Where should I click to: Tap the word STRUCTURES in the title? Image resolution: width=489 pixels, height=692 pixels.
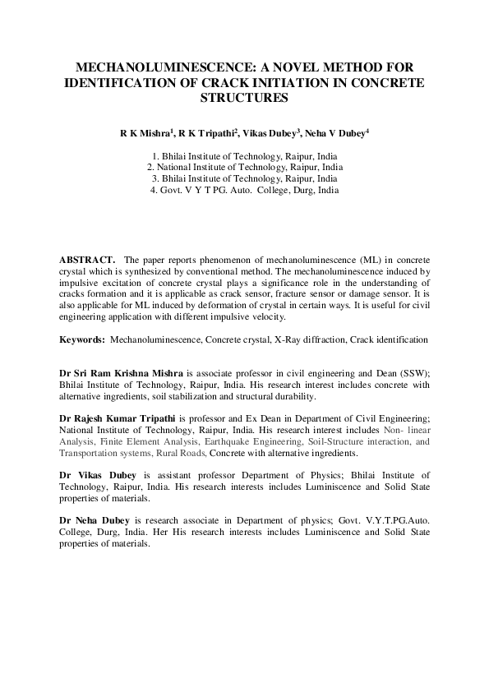pos(244,98)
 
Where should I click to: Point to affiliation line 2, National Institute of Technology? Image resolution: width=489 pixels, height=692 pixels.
pos(244,167)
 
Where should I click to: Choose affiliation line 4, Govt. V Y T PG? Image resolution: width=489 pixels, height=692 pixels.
pos(244,190)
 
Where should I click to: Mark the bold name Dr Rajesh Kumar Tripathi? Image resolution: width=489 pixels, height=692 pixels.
pos(123,419)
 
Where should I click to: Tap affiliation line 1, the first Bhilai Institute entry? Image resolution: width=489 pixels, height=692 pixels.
pos(244,155)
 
